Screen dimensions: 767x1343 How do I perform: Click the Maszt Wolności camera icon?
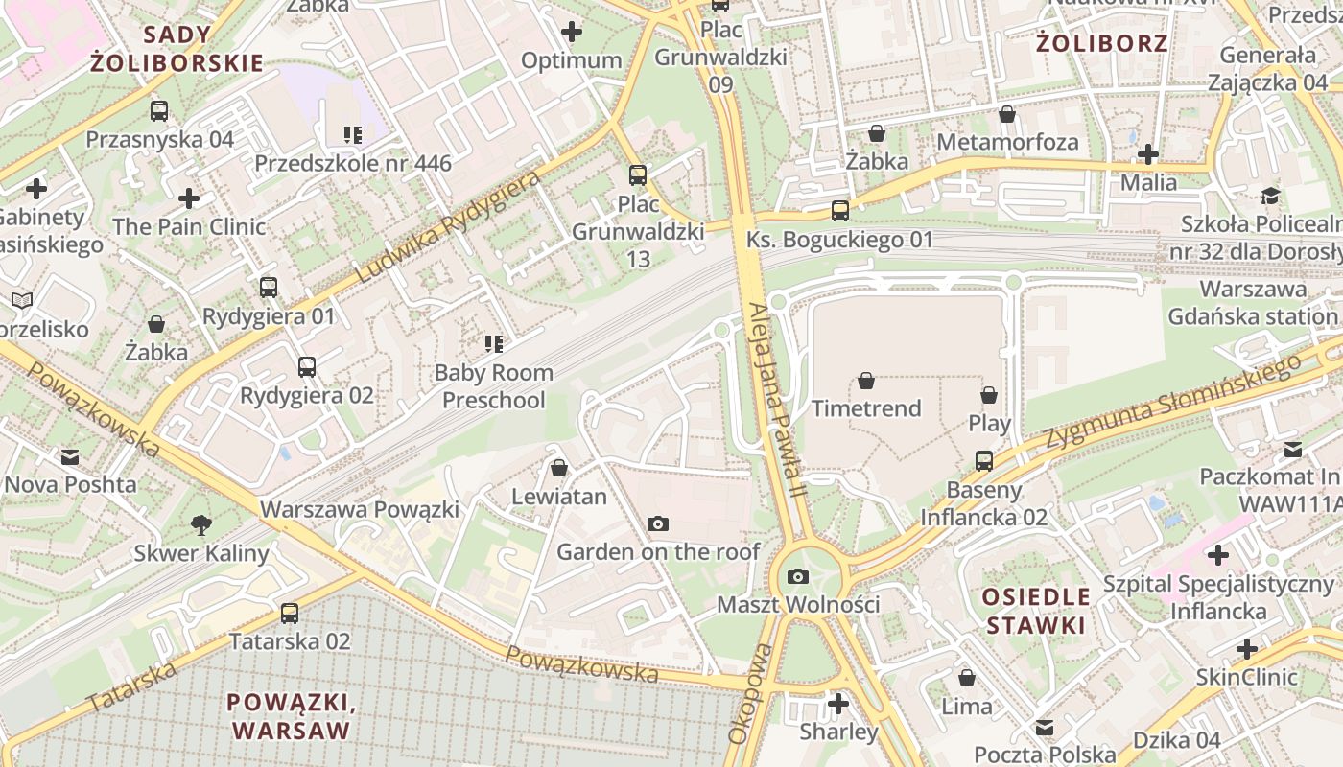click(x=797, y=576)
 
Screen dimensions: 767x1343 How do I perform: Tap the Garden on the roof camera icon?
click(x=658, y=523)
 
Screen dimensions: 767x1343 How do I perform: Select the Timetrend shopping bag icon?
click(x=866, y=381)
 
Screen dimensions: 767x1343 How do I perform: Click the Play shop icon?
click(x=989, y=395)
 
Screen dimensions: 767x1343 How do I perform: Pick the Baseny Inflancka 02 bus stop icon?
click(x=984, y=461)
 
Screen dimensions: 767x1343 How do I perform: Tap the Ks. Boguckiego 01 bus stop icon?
click(x=840, y=211)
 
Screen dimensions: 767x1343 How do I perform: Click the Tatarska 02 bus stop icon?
click(x=290, y=613)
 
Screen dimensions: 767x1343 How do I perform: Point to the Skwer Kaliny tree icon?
click(x=201, y=524)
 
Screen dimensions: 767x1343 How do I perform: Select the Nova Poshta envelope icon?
click(x=70, y=456)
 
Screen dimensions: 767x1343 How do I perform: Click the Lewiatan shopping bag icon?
click(x=559, y=468)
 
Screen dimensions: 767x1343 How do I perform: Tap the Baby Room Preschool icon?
click(x=494, y=343)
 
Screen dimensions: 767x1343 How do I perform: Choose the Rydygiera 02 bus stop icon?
click(x=307, y=367)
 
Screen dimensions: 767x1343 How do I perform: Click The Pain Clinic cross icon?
click(x=189, y=198)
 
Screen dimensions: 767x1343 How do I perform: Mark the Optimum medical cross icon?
click(x=572, y=32)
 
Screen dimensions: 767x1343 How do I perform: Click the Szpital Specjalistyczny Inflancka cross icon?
click(x=1218, y=555)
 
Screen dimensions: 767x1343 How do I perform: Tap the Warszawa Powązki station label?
click(x=360, y=509)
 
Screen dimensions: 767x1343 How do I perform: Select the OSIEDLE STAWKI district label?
click(x=1036, y=611)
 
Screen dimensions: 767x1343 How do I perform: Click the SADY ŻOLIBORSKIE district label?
click(x=177, y=50)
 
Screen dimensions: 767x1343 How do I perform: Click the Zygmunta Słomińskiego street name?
click(x=1175, y=400)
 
